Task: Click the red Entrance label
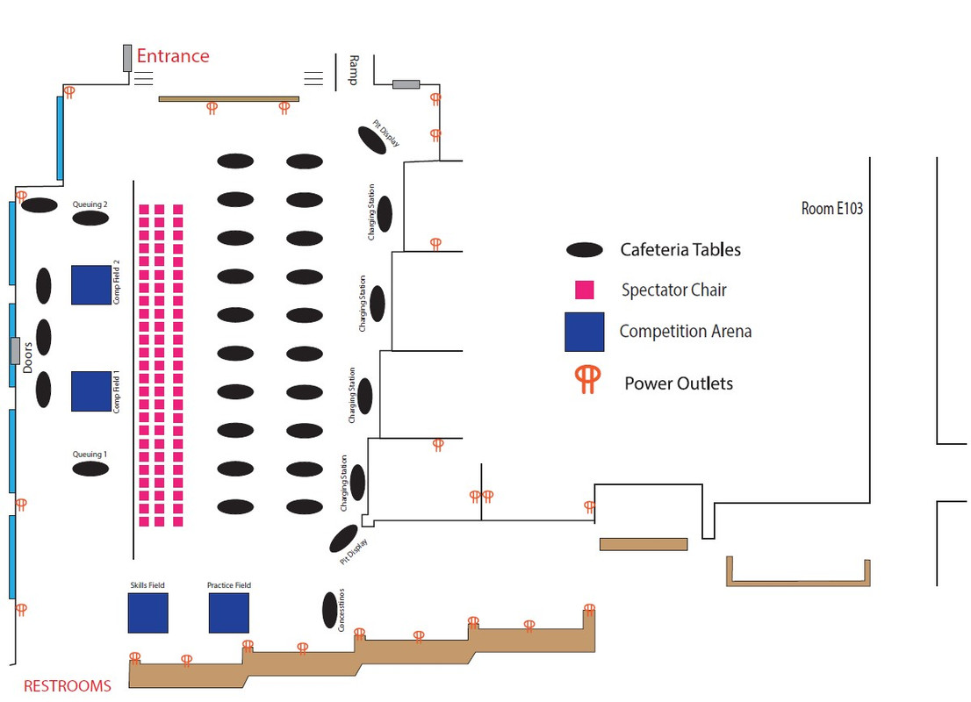pos(173,56)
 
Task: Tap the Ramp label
pos(354,70)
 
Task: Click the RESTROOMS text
pos(68,686)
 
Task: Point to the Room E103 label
pos(831,209)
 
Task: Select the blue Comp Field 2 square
pos(91,285)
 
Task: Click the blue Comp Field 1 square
pos(91,391)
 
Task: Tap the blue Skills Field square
pos(148,612)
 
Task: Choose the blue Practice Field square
pos(229,612)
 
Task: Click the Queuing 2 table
pos(90,218)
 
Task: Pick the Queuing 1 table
pos(90,469)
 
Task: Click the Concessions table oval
pos(330,610)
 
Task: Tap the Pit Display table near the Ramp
pos(372,140)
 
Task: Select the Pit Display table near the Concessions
pos(343,539)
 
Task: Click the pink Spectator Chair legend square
pos(585,290)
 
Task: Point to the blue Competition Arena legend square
pos(585,332)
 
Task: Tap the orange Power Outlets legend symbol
pos(587,379)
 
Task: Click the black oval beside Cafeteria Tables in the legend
pos(585,250)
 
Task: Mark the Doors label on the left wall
pos(27,358)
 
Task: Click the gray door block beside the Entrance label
pos(127,58)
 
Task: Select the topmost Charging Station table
pos(385,213)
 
